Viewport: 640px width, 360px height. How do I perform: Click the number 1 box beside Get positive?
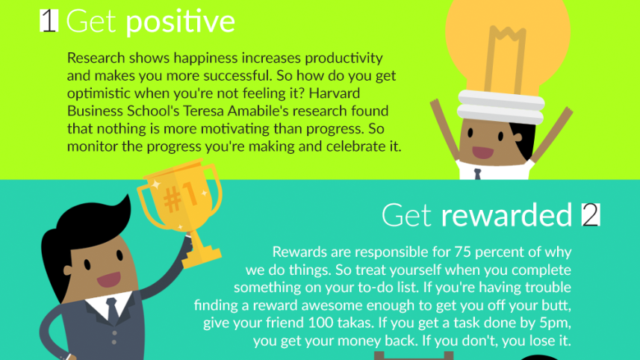point(49,21)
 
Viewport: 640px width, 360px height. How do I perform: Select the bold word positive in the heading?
point(180,22)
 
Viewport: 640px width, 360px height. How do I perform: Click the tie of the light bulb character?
point(477,174)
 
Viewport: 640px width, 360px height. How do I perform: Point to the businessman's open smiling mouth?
point(109,280)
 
